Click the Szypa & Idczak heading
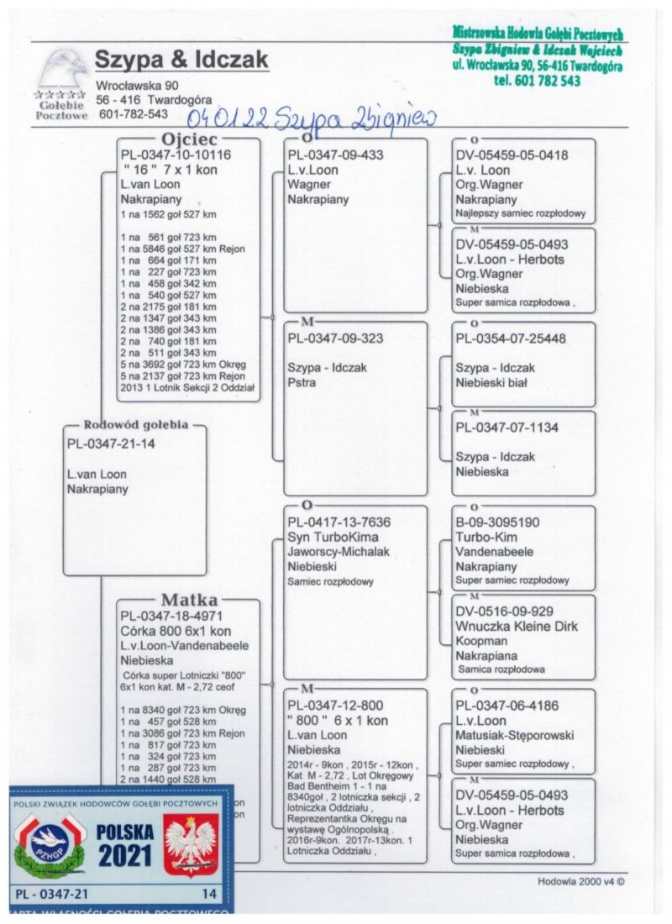point(181,60)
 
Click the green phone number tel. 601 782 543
point(538,81)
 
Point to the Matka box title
point(189,600)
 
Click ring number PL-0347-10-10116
point(176,155)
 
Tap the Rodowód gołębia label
point(135,424)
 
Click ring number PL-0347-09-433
point(335,155)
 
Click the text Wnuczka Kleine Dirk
point(517,626)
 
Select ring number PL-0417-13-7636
point(339,522)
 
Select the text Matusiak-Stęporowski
point(515,735)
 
